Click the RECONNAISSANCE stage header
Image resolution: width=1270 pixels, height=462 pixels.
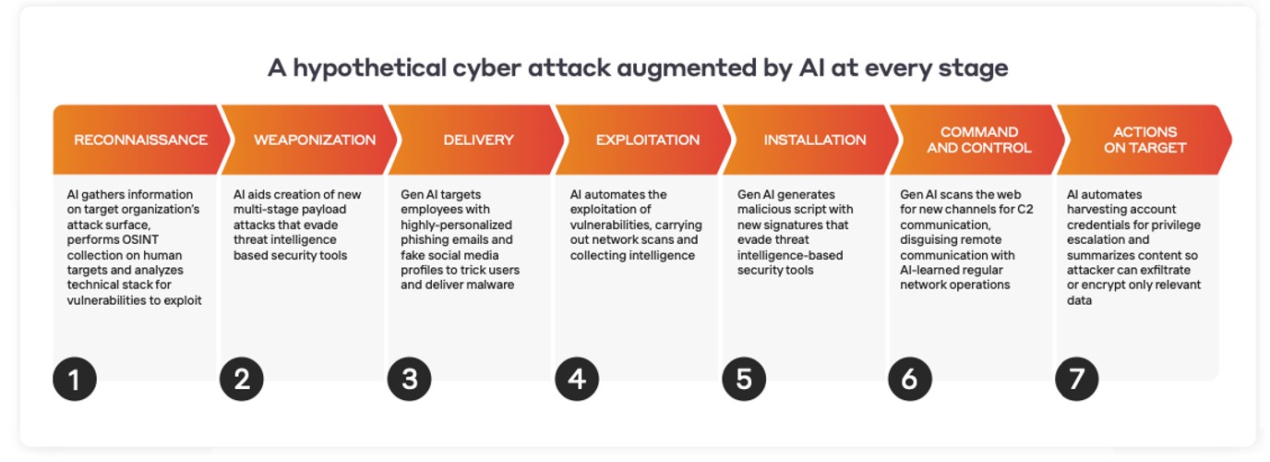coord(140,140)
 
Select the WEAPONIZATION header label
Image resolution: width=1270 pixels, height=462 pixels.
coord(315,140)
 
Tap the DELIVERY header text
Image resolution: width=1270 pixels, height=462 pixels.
coord(478,140)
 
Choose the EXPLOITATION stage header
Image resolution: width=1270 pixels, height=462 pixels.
coord(648,140)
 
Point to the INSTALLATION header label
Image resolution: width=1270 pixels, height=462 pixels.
coord(815,140)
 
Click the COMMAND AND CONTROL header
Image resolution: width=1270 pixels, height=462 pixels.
coord(979,140)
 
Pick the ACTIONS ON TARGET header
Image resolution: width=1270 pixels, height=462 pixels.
coord(1144,140)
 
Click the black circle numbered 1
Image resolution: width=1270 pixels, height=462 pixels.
coord(74,379)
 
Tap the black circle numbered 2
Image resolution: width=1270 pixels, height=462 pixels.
coord(242,379)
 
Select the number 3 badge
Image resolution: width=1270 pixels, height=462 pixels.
coord(410,379)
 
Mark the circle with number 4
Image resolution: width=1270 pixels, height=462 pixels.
coord(577,379)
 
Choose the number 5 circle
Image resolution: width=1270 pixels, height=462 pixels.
coord(744,379)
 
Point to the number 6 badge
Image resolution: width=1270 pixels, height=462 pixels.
coord(910,379)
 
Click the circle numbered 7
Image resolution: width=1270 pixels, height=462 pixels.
coord(1077,379)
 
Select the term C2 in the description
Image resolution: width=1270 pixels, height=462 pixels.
coord(1025,210)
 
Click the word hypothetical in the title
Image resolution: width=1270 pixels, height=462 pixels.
coord(370,68)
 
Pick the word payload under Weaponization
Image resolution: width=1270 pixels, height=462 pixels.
coord(331,210)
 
